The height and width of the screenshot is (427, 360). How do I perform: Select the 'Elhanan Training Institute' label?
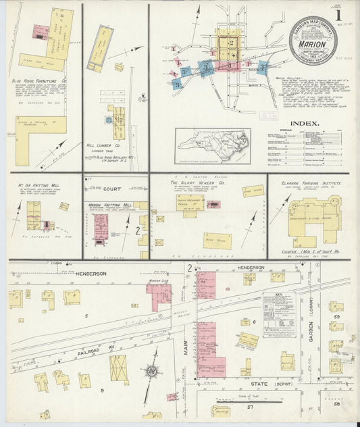point(309,182)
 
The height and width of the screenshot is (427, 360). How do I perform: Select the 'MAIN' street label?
point(184,349)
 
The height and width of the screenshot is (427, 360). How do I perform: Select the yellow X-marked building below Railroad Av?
point(120,369)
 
